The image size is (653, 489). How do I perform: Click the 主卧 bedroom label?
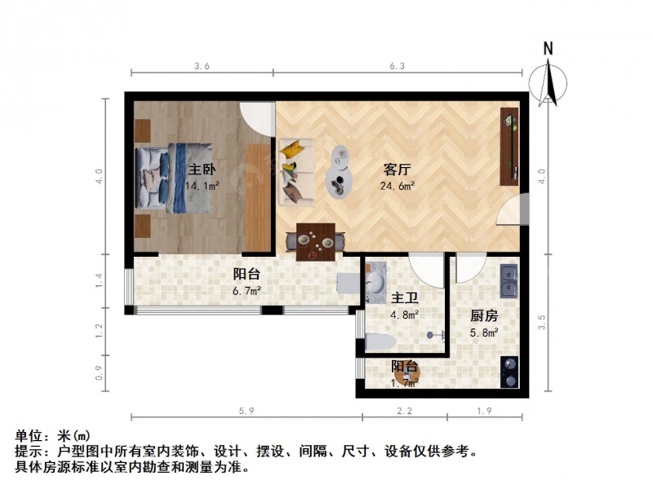tap(202, 170)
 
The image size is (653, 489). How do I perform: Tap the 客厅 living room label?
tap(397, 170)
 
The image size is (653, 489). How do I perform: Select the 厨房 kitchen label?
tap(484, 316)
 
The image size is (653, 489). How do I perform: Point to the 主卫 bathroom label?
tap(405, 297)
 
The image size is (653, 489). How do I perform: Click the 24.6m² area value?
tap(398, 186)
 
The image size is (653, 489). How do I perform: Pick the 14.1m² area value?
tap(202, 186)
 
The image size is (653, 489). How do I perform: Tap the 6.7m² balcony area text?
tap(247, 291)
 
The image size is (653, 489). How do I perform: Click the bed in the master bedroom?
tap(174, 178)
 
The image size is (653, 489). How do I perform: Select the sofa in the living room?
tap(296, 172)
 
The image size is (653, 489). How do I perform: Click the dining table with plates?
tap(316, 242)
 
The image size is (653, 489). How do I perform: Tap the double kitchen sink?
tap(509, 280)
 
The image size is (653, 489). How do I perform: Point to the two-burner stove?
tap(509, 372)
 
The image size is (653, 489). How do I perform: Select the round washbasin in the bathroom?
tap(376, 283)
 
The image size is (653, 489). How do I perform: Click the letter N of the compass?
tap(548, 49)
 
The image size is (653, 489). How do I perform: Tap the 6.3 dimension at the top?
tap(397, 66)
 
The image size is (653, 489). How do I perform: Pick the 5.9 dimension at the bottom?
tap(247, 411)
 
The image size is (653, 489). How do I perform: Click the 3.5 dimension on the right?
tap(541, 322)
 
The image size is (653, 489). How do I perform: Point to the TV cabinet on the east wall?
tap(509, 147)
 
